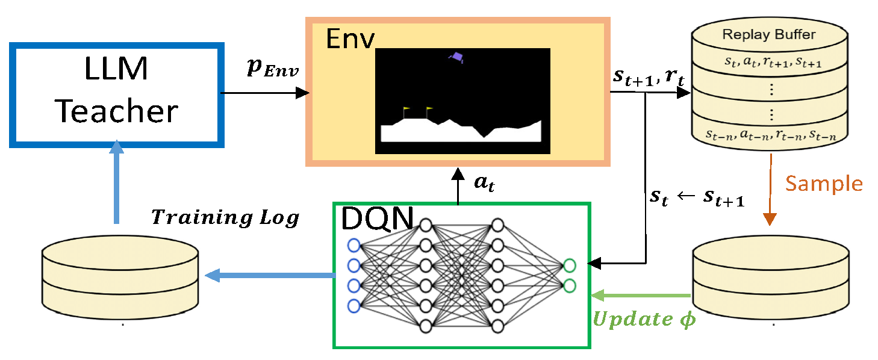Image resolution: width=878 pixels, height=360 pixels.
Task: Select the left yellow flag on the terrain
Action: [x=405, y=112]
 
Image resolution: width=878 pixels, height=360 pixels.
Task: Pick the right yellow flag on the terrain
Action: [x=428, y=112]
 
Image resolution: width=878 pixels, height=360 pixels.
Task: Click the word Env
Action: [x=350, y=40]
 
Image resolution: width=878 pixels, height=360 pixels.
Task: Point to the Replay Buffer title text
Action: [x=769, y=34]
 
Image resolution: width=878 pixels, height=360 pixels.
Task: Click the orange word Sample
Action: [x=823, y=183]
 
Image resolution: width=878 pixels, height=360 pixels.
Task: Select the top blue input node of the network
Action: [x=353, y=245]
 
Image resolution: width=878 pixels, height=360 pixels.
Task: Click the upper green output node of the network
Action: [x=569, y=264]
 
